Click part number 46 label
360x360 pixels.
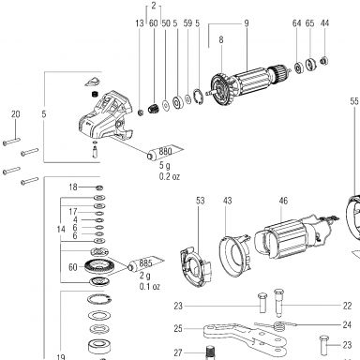tap(283, 201)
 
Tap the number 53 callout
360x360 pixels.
tap(201, 201)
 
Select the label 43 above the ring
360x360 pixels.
tap(228, 201)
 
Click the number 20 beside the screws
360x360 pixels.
tap(16, 114)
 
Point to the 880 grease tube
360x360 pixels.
tap(165, 152)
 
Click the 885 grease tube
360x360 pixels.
tap(145, 264)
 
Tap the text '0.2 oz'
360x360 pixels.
tap(170, 176)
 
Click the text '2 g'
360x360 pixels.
tap(144, 277)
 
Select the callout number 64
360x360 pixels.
tap(296, 23)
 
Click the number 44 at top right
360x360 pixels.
tap(324, 23)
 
